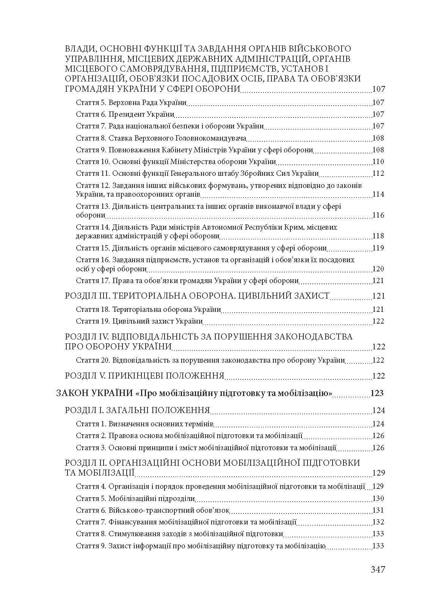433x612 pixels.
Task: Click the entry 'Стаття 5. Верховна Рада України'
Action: [x=131, y=102]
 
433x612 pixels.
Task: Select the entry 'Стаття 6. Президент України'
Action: [x=125, y=114]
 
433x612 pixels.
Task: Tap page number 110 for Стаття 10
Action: [x=378, y=162]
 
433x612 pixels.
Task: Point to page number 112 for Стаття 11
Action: [x=378, y=174]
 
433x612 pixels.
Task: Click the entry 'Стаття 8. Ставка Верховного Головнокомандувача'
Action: [x=161, y=138]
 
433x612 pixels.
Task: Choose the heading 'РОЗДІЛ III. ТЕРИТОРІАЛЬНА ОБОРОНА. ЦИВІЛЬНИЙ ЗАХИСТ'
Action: [x=197, y=296]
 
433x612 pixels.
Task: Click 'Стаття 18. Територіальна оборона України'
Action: [x=148, y=309]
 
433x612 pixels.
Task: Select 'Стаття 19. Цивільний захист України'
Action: [x=139, y=321]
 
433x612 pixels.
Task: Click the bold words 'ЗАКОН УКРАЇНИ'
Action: [x=94, y=393]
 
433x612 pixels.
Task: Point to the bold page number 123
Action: [x=377, y=393]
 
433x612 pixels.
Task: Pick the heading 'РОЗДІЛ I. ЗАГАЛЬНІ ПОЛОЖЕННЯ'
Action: [x=138, y=410]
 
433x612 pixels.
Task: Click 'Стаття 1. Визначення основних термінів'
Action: [x=145, y=424]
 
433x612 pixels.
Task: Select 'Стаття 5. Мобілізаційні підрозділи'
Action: [x=135, y=498]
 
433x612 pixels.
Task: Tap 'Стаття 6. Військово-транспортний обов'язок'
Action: [x=153, y=510]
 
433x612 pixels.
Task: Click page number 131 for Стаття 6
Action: [x=378, y=510]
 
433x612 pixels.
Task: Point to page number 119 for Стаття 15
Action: [x=378, y=248]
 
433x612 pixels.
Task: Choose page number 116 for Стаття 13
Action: [x=378, y=215]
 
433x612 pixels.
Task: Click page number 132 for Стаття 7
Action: [x=378, y=522]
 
